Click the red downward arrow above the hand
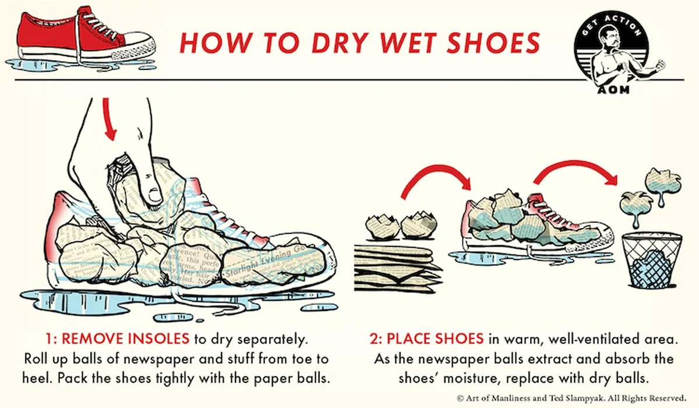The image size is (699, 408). [x=108, y=120]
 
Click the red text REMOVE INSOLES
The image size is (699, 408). [x=125, y=339]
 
